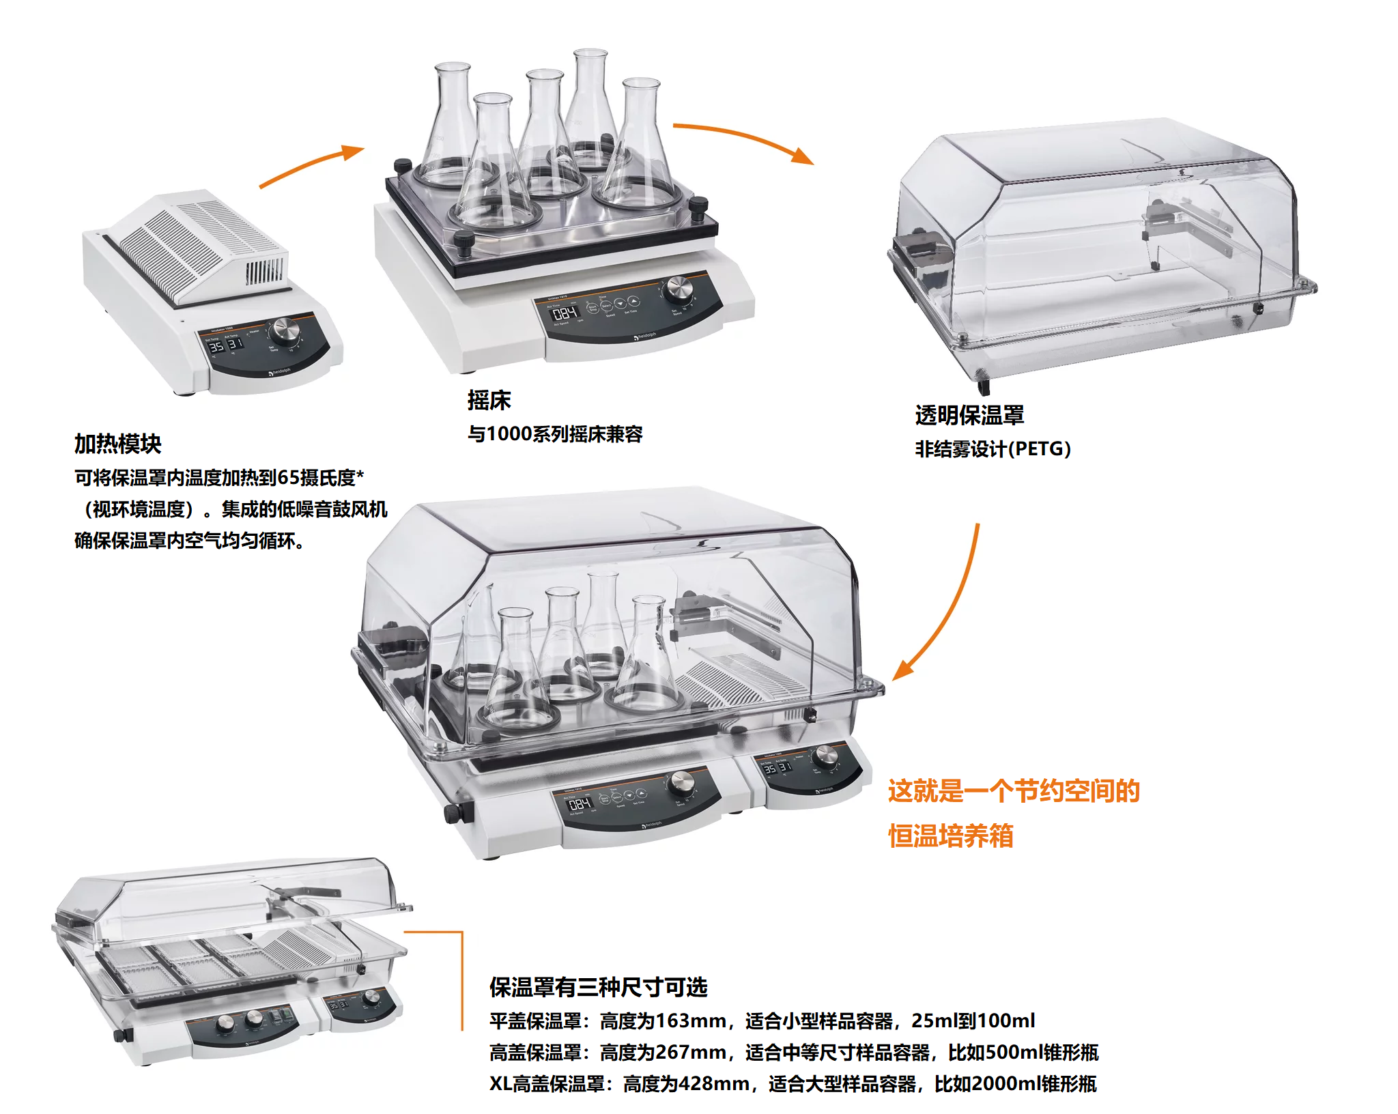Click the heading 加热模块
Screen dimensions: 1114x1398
point(117,444)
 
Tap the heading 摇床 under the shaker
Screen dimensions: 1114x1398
point(489,400)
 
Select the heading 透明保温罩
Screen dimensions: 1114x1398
point(969,415)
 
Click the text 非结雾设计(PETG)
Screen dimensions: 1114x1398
point(993,449)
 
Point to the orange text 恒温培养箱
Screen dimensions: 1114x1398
point(950,835)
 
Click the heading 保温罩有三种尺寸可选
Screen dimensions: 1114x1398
point(598,987)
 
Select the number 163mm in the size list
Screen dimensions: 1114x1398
point(690,1021)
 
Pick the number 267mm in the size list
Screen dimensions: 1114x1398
point(690,1053)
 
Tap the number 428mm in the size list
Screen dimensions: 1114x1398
point(713,1084)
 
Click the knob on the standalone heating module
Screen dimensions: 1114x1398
point(284,332)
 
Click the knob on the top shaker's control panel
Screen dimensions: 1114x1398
point(678,289)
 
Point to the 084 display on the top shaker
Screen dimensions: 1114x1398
point(565,313)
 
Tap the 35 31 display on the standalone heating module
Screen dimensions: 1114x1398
point(225,345)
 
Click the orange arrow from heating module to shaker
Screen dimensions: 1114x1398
point(311,166)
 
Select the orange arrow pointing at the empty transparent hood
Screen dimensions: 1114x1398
point(744,139)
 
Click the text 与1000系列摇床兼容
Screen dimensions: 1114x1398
point(555,434)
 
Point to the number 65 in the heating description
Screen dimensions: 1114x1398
point(289,478)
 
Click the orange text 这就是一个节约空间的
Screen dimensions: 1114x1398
point(1014,790)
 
